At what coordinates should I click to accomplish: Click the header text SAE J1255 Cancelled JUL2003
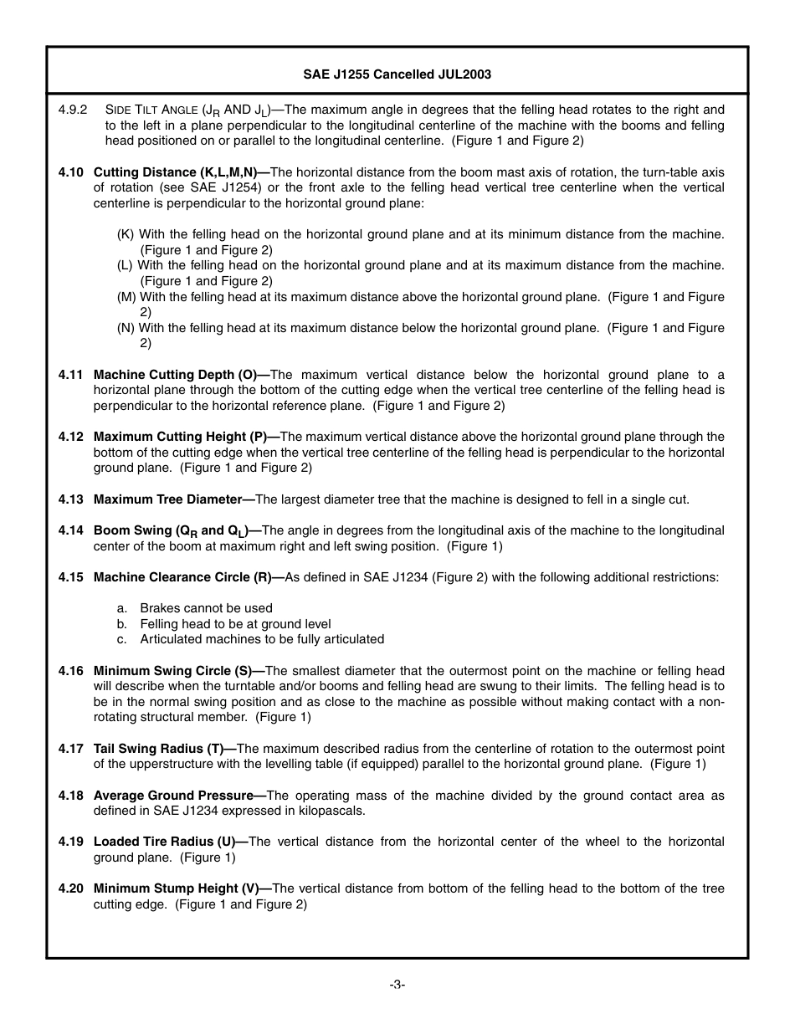click(x=397, y=74)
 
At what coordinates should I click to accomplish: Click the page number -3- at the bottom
click(x=397, y=985)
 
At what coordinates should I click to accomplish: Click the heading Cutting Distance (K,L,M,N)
click(x=175, y=172)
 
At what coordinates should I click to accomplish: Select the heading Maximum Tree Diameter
click(x=172, y=499)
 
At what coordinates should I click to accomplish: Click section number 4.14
click(x=71, y=530)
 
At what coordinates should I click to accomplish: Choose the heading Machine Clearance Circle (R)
click(x=188, y=577)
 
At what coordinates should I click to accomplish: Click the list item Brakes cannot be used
click(x=206, y=608)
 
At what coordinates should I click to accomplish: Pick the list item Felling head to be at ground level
click(x=235, y=624)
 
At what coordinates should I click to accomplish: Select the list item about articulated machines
click(x=262, y=639)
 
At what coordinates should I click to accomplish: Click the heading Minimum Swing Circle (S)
click(x=178, y=671)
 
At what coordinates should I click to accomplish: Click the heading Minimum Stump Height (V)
click(x=181, y=888)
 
